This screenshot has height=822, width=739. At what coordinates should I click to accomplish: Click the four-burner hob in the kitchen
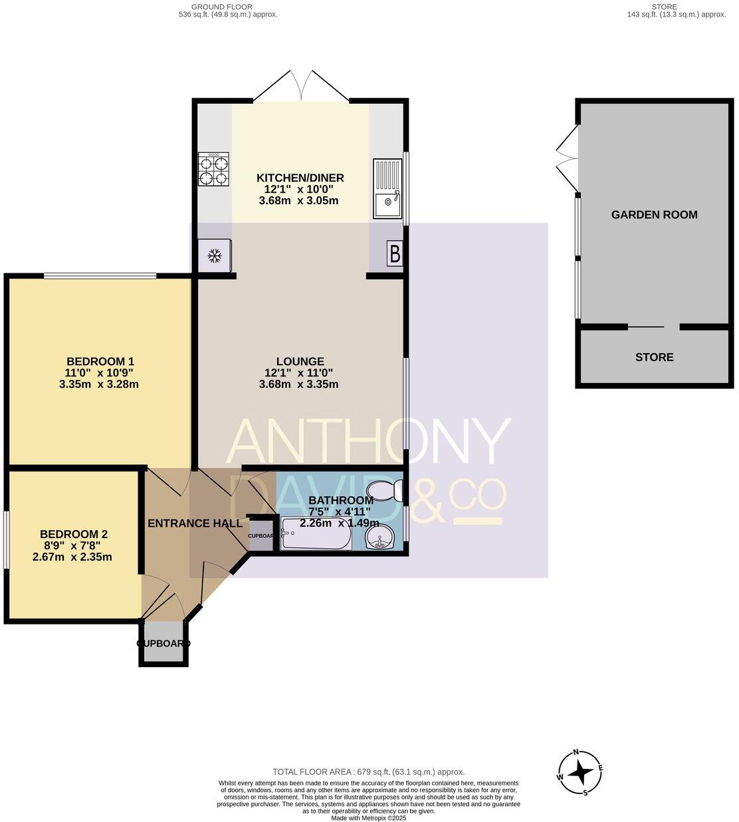point(213,170)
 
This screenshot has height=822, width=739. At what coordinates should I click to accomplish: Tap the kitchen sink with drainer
point(387,189)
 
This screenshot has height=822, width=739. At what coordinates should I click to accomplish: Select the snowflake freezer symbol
point(215,255)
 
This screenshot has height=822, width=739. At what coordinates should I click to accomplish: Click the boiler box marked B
point(394,255)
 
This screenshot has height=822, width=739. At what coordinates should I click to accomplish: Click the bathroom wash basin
point(381,537)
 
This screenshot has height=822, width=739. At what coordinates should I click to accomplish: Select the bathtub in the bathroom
point(316,535)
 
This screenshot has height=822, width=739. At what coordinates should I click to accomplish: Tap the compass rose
point(580,773)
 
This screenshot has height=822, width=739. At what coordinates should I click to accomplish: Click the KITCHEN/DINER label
point(300,178)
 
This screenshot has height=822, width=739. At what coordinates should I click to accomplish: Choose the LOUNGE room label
point(300,362)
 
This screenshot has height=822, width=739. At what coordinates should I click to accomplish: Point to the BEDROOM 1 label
point(100,362)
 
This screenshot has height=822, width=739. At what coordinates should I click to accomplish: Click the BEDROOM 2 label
point(74,534)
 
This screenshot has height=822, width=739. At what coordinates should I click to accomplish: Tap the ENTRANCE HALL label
point(195,523)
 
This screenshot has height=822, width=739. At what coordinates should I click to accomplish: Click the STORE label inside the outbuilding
point(654,357)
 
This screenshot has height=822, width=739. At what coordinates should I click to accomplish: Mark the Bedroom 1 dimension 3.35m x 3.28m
point(99,384)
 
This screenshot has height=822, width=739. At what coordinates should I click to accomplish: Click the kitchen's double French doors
point(301,86)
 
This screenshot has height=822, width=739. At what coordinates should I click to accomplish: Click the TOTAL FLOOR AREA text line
point(368,771)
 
